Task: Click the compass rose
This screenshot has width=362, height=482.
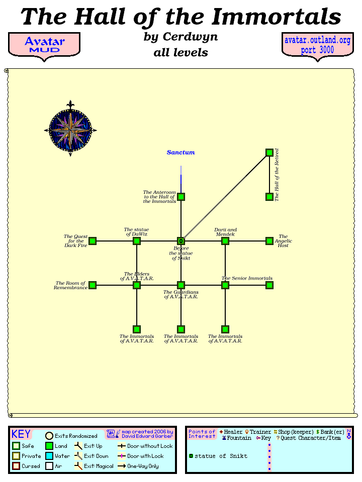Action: [70, 130]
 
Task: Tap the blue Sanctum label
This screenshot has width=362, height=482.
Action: [180, 152]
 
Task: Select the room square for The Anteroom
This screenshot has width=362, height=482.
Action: [181, 197]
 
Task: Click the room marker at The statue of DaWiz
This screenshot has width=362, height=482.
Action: [137, 241]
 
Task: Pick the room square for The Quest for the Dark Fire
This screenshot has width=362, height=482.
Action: [93, 241]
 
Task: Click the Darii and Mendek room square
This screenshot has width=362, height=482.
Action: [225, 241]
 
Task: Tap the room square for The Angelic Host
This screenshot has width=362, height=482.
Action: [269, 241]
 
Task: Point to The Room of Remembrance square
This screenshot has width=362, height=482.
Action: [93, 285]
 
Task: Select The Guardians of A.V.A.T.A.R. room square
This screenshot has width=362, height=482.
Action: [181, 285]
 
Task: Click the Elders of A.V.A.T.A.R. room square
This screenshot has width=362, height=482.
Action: [137, 285]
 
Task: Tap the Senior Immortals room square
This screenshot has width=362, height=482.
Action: [225, 285]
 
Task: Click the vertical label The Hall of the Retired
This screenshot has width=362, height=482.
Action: [277, 175]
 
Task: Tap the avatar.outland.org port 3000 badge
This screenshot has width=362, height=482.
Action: [317, 45]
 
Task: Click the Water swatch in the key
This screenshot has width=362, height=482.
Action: [49, 456]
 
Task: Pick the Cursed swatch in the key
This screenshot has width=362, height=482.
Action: [16, 466]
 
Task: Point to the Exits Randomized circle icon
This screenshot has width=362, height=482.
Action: [49, 436]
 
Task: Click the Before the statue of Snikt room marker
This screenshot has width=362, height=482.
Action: [181, 241]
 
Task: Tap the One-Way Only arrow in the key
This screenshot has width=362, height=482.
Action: [122, 466]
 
